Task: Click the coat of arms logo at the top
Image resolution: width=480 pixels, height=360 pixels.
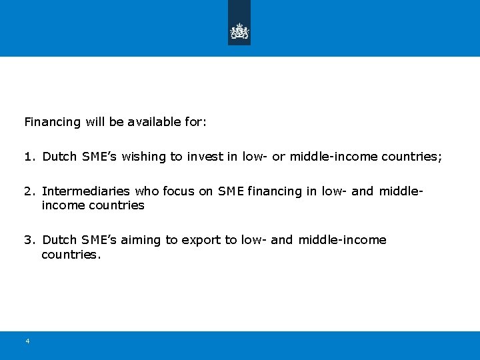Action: pos(239,31)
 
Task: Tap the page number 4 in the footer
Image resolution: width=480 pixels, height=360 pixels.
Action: pos(27,341)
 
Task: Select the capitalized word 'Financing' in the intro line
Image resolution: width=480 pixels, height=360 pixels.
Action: pos(51,122)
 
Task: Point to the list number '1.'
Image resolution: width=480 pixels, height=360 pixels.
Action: pos(29,157)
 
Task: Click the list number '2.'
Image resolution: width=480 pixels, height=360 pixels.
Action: pos(29,191)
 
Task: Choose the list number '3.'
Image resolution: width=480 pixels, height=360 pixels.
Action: pos(29,239)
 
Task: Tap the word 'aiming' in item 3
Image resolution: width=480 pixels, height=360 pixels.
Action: pos(145,239)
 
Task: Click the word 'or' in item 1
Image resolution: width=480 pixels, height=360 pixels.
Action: pos(279,157)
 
